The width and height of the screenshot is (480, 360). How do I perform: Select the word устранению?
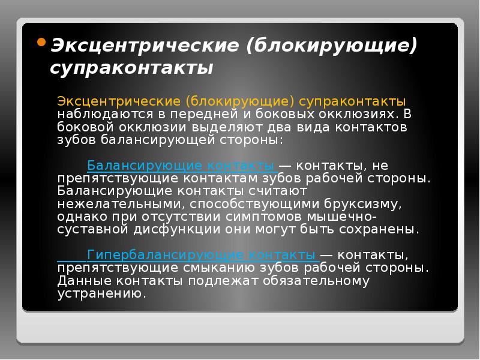[101, 294]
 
